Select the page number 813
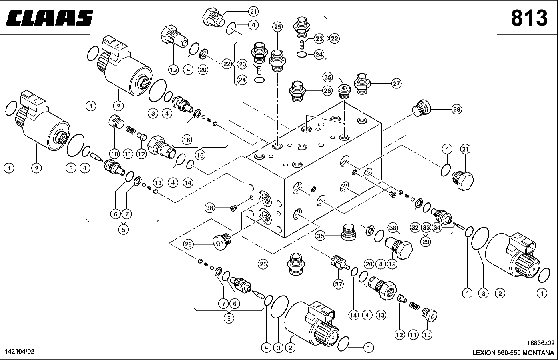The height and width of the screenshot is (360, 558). click(528, 18)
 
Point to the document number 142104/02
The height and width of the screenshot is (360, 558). click(19, 352)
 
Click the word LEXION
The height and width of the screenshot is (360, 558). click(484, 353)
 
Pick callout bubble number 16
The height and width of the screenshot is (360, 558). click(187, 140)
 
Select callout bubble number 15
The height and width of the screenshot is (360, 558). click(200, 155)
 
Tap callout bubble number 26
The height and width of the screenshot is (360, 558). click(327, 91)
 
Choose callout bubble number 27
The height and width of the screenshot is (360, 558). click(396, 84)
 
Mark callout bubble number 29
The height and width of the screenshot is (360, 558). click(426, 242)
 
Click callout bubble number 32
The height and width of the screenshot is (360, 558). click(415, 228)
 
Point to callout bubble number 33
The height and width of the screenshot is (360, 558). click(426, 228)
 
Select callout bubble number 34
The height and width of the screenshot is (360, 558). click(437, 228)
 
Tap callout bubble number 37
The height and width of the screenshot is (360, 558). click(339, 284)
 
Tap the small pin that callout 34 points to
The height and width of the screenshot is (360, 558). click(458, 226)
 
